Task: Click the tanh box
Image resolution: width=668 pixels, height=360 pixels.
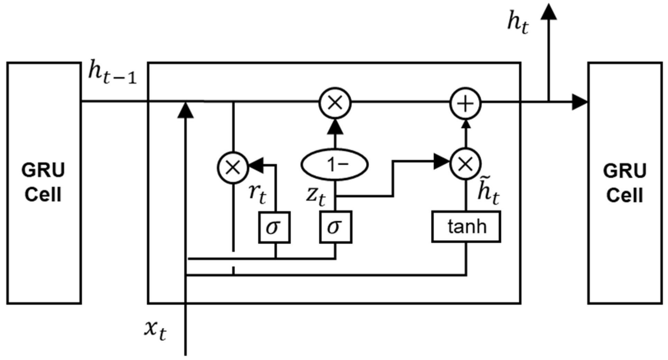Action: click(466, 227)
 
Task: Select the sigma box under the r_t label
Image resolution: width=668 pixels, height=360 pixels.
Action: click(275, 227)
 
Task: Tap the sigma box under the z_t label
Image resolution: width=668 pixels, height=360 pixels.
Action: click(335, 227)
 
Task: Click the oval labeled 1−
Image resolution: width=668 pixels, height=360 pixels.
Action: click(334, 165)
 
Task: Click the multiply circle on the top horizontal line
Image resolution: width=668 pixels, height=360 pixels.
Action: click(335, 103)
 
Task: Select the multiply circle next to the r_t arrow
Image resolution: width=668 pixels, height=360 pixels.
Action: click(233, 167)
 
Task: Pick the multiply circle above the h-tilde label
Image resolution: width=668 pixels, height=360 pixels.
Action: click(465, 164)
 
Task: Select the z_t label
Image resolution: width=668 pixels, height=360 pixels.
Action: click(316, 196)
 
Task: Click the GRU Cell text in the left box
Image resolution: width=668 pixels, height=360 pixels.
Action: click(44, 183)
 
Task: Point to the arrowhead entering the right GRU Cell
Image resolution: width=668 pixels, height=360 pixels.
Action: click(579, 102)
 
